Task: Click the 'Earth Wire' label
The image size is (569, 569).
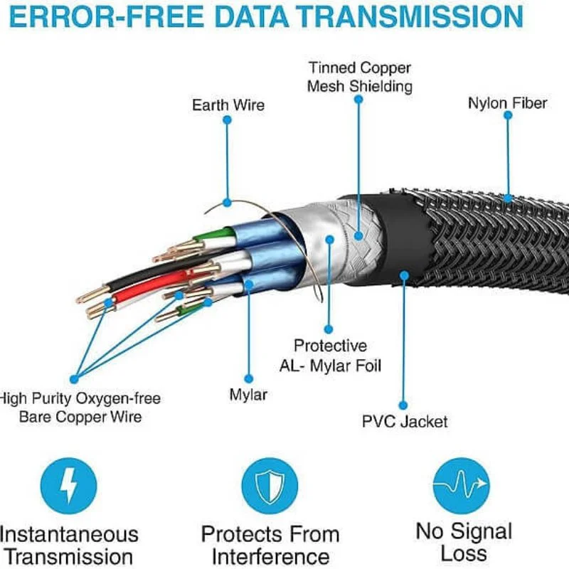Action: click(x=228, y=105)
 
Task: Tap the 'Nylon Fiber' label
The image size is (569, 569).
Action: click(x=507, y=103)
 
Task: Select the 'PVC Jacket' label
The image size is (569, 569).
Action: click(x=405, y=422)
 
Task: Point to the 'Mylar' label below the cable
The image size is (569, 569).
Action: click(x=248, y=394)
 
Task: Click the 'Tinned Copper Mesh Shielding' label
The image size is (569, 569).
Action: click(x=359, y=78)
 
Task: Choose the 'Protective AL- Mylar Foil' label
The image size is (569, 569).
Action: click(x=329, y=356)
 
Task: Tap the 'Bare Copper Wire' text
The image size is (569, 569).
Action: click(x=80, y=417)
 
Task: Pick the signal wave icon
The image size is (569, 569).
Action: click(x=461, y=485)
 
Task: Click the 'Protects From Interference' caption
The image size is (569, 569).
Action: click(x=270, y=545)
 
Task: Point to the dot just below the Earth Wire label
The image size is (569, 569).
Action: click(x=227, y=120)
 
